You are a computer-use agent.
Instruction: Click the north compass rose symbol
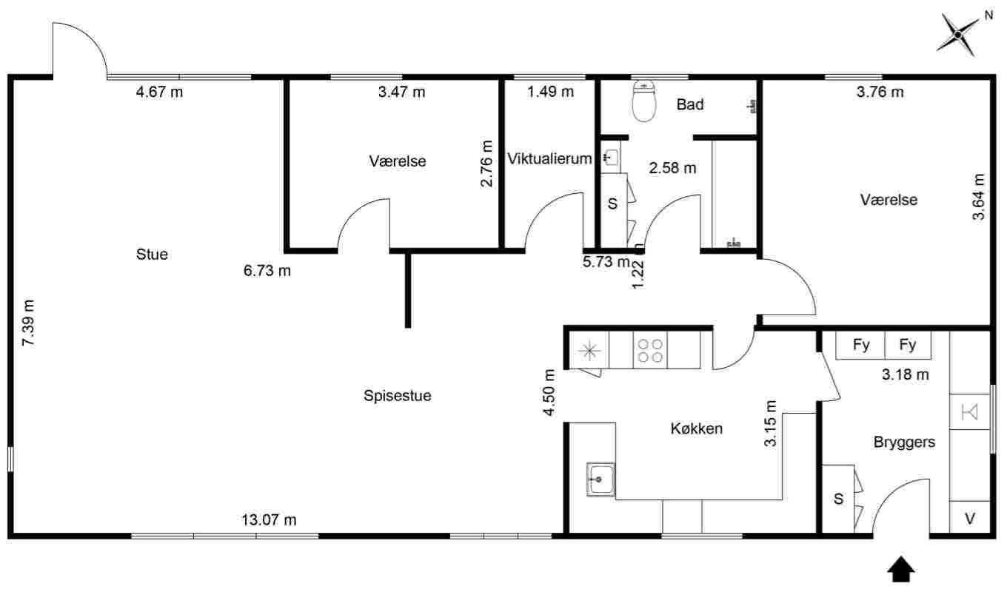pos(958,33)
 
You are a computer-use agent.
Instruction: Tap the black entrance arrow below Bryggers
pos(901,569)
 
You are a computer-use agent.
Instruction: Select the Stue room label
pos(152,255)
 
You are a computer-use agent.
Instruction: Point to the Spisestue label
pos(397,396)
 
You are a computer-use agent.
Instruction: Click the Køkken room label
pos(696,428)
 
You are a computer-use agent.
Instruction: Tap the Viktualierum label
pos(549,158)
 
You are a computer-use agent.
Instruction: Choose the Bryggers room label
pos(904,443)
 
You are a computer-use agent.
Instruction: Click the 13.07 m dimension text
pos(269,520)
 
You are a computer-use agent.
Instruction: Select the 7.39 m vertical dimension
pos(28,323)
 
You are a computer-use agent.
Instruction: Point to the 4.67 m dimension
pos(159,92)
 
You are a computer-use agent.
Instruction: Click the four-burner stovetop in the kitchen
pos(650,350)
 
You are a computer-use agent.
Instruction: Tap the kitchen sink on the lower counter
pos(600,480)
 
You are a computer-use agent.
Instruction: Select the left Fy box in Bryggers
pos(860,345)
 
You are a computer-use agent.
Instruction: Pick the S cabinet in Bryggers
pos(839,499)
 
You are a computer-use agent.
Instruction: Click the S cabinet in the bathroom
pos(612,203)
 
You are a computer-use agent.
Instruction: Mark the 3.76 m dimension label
pos(880,92)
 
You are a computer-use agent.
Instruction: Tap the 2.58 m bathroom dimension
pos(672,168)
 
